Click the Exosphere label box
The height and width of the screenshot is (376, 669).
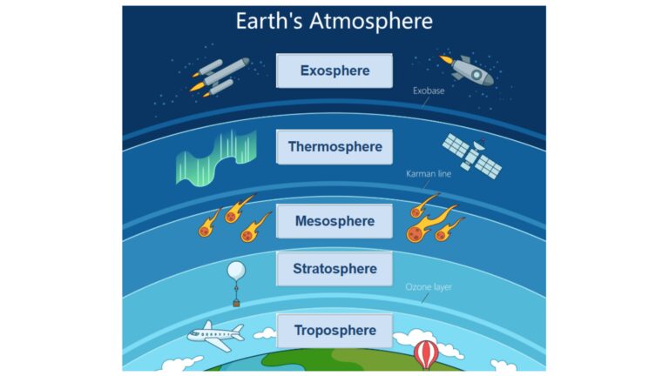tap(334, 70)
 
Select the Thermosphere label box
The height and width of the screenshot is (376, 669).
tap(334, 147)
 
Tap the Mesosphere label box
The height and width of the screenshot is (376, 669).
tap(334, 221)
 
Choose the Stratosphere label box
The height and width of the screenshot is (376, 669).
tap(334, 268)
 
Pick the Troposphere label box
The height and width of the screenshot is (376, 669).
tap(334, 331)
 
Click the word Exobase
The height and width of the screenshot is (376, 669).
tap(429, 90)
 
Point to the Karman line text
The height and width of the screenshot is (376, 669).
tap(429, 174)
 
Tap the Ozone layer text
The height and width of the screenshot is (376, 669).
tap(429, 287)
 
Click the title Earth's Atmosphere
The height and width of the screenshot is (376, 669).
tap(334, 21)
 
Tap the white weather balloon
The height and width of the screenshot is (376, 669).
tap(235, 272)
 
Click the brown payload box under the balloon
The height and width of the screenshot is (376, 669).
tap(235, 303)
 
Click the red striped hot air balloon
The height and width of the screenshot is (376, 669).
tap(425, 352)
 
